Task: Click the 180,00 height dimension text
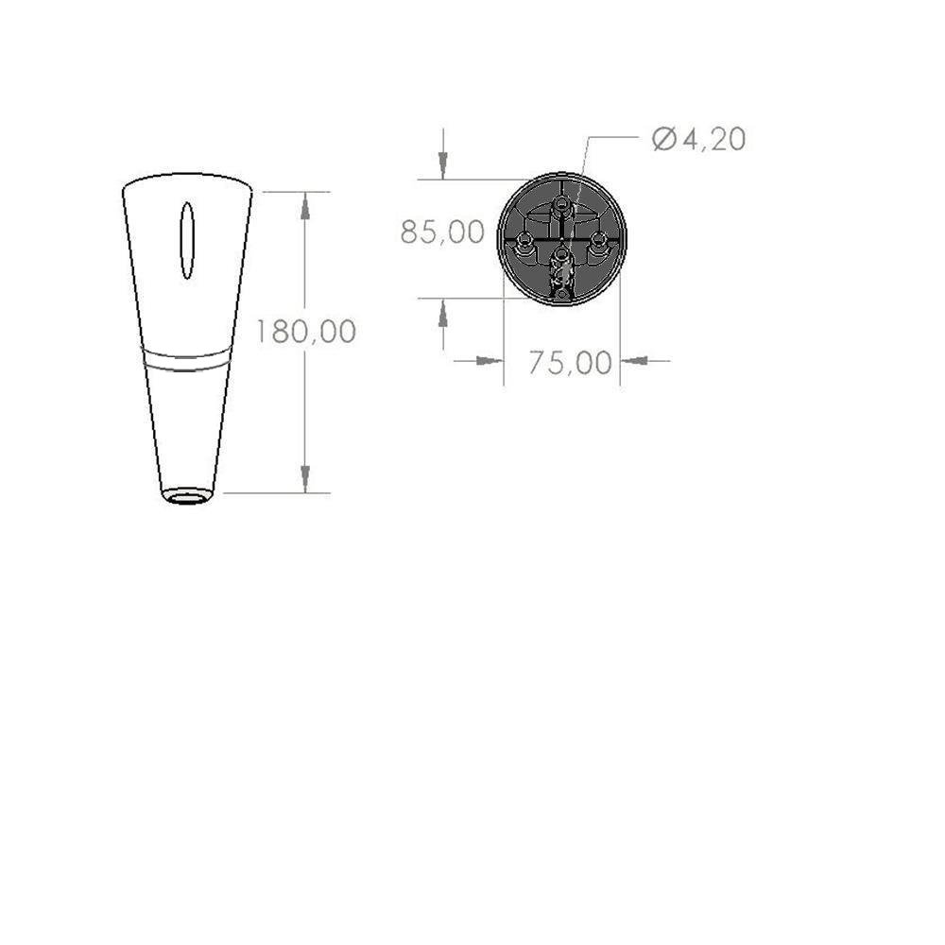coord(306,332)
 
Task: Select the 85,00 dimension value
coord(442,232)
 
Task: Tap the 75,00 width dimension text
coord(570,363)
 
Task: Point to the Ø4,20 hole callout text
coord(698,139)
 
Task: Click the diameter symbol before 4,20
coord(664,139)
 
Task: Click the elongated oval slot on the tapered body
coord(187,240)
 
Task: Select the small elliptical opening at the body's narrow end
coord(187,497)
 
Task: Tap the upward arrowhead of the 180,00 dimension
coord(305,206)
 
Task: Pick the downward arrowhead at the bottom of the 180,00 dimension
coord(305,479)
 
